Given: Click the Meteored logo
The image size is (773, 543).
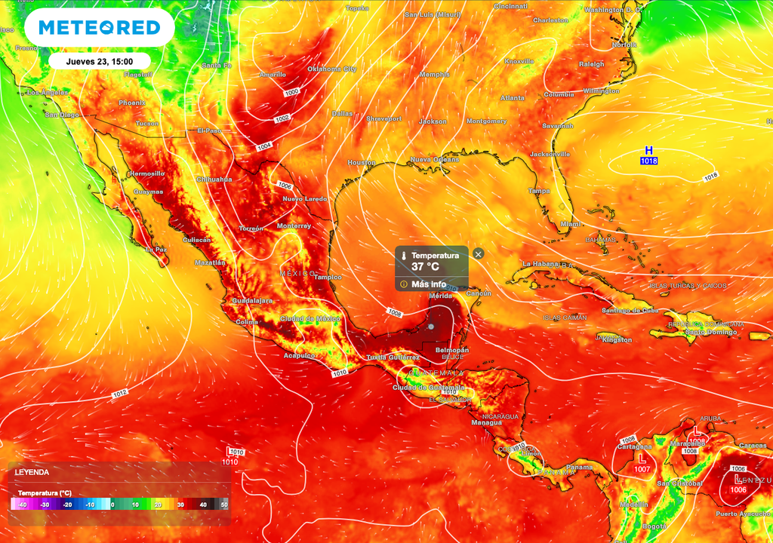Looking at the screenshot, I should [99, 28].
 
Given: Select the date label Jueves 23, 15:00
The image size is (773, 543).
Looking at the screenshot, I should [100, 61].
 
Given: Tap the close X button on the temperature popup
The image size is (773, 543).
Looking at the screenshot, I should [478, 254].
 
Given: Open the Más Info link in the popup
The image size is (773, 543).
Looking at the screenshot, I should [428, 284].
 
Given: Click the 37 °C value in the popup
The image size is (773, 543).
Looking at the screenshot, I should [425, 267].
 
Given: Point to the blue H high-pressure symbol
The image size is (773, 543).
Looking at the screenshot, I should [648, 151].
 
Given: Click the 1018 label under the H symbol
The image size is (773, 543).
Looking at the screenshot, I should [648, 161].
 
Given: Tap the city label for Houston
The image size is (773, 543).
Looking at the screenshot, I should [362, 163].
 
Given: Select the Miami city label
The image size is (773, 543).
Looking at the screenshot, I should [571, 224].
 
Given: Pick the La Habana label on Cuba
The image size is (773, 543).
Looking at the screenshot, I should [542, 264].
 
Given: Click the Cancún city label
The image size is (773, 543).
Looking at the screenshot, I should [479, 293].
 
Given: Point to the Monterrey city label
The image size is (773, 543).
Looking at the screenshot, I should [294, 226].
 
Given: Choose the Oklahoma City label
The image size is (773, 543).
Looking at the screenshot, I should [331, 69].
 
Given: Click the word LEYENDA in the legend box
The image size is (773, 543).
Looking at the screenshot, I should [32, 472].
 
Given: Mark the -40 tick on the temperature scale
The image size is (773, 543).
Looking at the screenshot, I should [23, 504].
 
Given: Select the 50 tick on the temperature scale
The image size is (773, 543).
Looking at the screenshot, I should [224, 504].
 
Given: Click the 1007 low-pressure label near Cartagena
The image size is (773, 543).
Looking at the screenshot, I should [642, 469].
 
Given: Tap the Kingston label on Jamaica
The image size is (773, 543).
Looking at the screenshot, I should [617, 340].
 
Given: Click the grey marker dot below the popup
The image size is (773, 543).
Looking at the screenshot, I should [430, 327].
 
